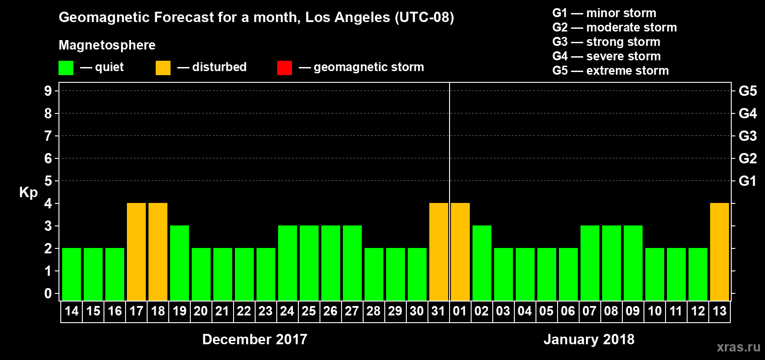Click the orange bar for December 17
136,252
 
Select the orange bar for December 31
439,252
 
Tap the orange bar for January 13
720,252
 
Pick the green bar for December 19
180,263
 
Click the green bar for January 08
612,263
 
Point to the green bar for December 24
288,263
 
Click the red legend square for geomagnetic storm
284,68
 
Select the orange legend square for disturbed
163,68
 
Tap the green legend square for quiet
66,68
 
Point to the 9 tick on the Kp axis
48,91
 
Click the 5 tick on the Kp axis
48,181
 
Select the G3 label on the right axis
747,136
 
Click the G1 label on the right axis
747,181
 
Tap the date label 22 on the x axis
244,311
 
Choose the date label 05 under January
546,311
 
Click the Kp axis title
28,192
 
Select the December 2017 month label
255,339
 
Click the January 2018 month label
589,339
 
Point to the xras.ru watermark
738,347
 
